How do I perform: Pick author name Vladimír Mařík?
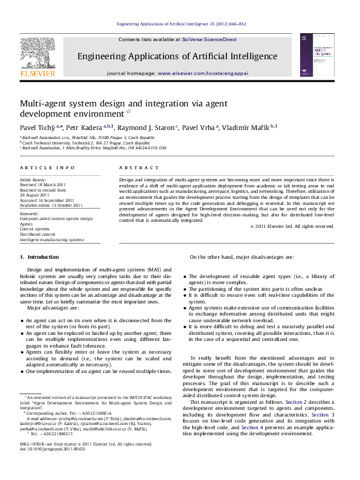point(249,128)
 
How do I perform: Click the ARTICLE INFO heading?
point(48,167)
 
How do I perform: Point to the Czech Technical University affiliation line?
point(85,142)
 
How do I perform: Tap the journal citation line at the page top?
point(180,24)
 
